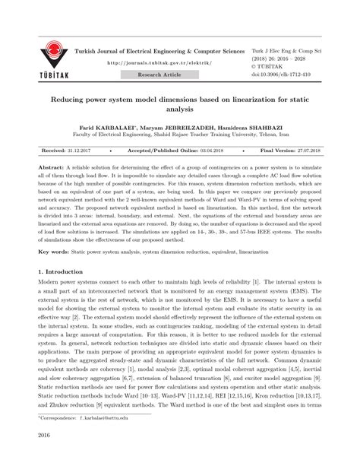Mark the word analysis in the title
click(179, 108)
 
